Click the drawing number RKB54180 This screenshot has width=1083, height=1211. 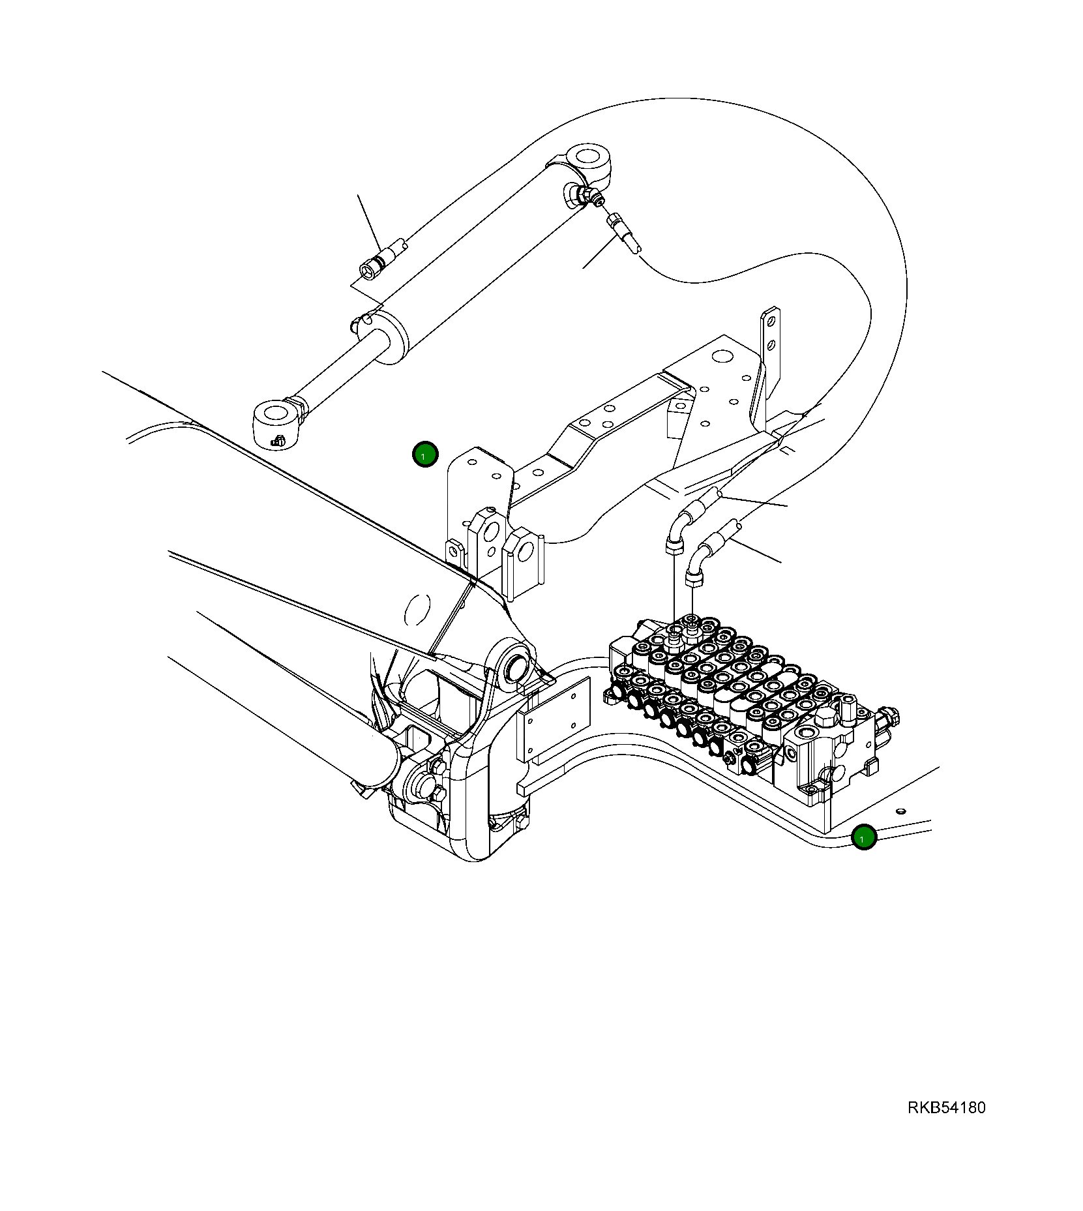(946, 1107)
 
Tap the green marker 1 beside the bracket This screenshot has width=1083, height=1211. (425, 455)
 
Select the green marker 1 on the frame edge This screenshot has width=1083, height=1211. (864, 837)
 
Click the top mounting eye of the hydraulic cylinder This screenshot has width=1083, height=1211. (588, 158)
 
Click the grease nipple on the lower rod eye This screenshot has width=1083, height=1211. (278, 441)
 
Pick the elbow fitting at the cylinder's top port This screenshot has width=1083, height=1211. (576, 195)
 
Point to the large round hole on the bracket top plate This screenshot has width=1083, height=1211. (720, 357)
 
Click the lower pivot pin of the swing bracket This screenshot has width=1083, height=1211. (418, 788)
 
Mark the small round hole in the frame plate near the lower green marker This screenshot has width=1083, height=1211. (900, 811)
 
